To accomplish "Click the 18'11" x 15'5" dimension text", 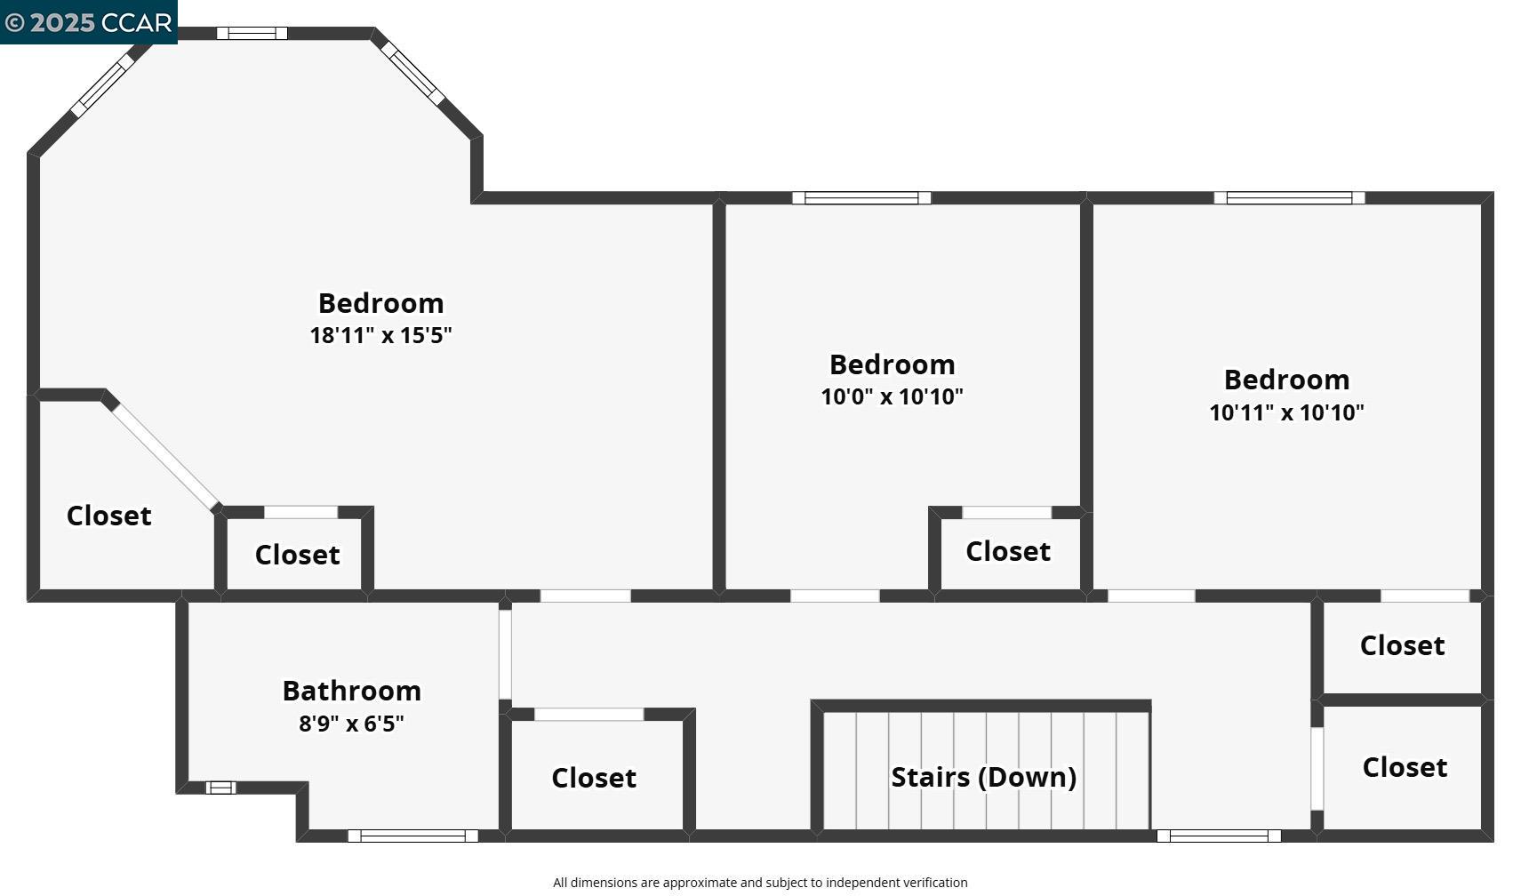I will point(380,335).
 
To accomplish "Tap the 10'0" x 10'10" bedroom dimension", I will point(892,396).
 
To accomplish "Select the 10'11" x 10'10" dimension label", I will point(1286,412).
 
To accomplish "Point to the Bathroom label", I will point(351,691).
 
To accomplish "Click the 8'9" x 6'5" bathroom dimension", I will point(351,724).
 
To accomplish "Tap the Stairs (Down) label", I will point(983,777).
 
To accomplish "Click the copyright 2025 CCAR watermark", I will point(88,22).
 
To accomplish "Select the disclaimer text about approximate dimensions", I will point(760,883).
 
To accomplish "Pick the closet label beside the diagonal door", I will point(108,516).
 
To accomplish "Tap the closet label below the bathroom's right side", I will point(594,778).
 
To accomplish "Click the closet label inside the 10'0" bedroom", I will point(1008,551).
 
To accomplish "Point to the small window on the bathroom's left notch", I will point(220,788).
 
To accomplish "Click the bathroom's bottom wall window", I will point(412,836).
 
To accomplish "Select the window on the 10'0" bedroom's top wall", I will point(861,198).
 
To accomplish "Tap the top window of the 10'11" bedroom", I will point(1289,198).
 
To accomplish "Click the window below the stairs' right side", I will point(1218,836).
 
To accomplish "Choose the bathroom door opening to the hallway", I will point(505,654).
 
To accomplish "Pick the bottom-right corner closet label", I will point(1405,767).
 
